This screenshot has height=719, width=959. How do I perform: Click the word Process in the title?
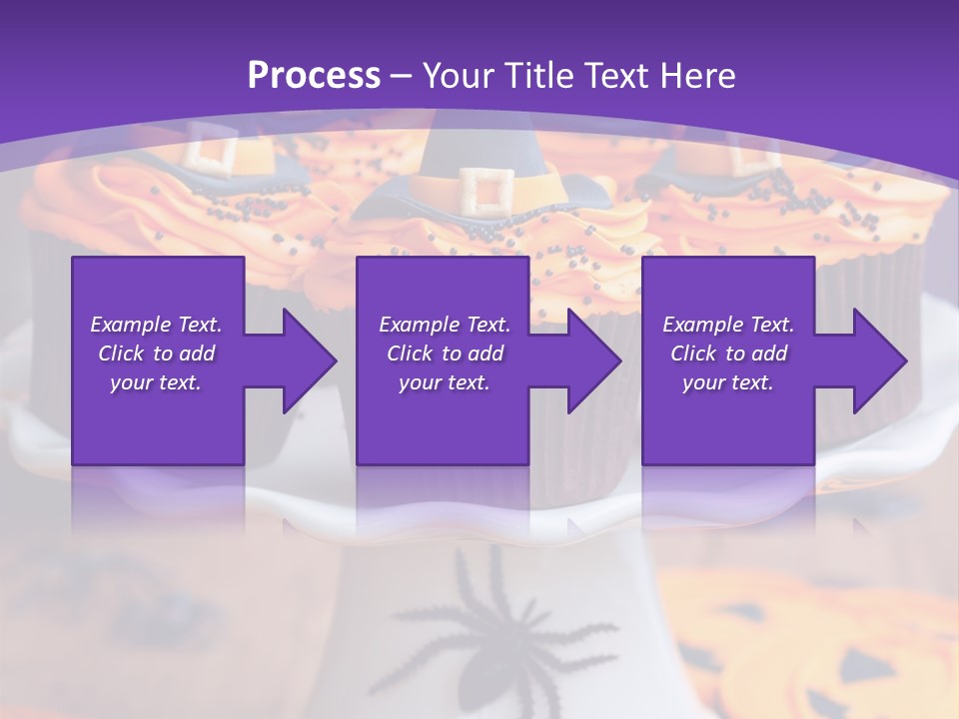click(x=314, y=75)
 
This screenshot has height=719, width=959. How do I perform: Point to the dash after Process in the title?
click(x=402, y=77)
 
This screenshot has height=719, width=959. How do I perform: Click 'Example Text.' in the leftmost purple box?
click(x=156, y=325)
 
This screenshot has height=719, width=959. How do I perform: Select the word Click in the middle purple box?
click(x=409, y=354)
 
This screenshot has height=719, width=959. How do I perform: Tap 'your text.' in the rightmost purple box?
click(x=727, y=382)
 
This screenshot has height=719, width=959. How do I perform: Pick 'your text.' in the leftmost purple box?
click(x=156, y=382)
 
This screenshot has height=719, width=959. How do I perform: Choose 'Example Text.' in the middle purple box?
click(x=444, y=325)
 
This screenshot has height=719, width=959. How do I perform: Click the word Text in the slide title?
click(x=615, y=75)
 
